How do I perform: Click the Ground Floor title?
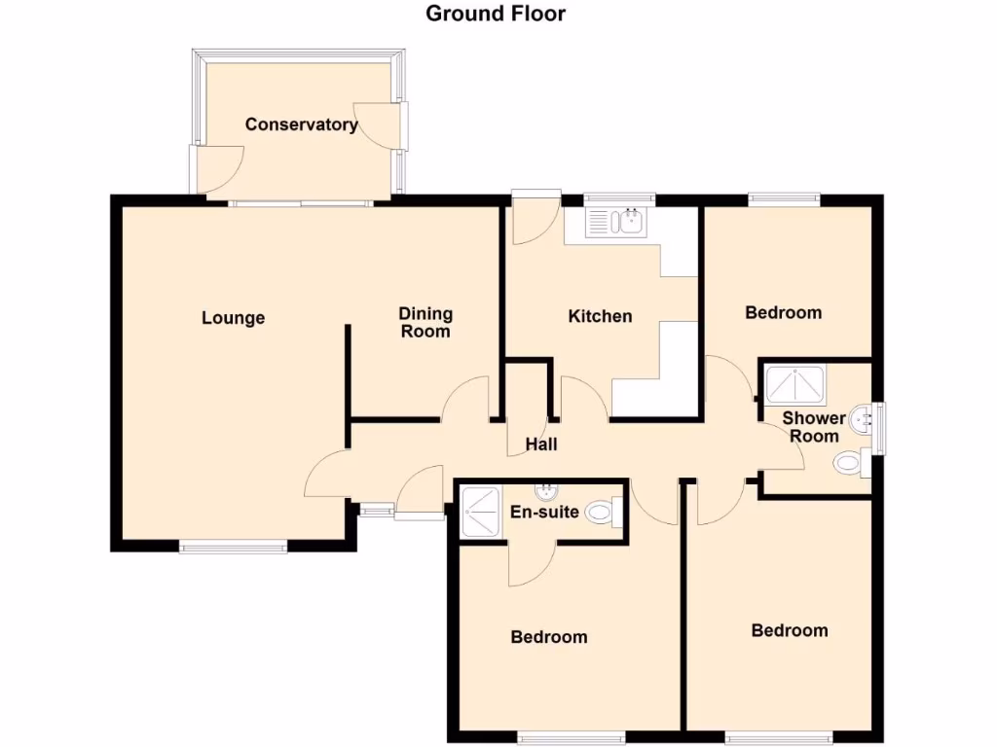496,14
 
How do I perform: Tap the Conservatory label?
301,124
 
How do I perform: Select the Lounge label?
234,318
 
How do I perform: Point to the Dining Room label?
425,322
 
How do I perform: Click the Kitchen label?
600,316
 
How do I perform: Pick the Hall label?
541,445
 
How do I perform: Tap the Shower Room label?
814,427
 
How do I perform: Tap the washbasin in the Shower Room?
861,419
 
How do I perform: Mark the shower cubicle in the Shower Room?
795,383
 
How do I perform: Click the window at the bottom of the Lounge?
233,547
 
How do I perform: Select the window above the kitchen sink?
619,200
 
